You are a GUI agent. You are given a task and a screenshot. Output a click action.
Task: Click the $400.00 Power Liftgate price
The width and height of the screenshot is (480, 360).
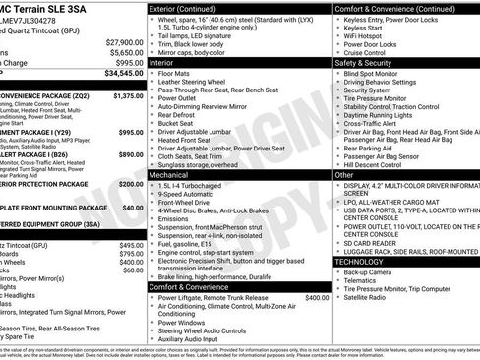click(x=317, y=297)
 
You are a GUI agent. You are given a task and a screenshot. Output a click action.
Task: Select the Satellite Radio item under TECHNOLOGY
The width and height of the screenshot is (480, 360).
click(x=368, y=297)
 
